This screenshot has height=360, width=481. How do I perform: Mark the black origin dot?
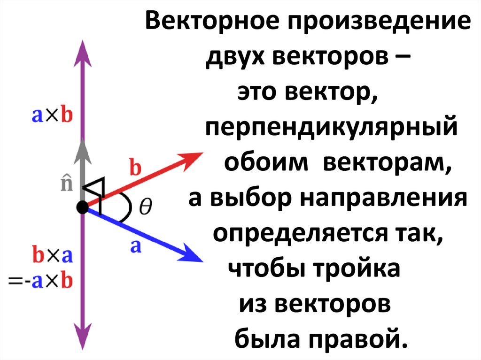pos(83,207)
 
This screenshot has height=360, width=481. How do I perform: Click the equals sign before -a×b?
pos(16,281)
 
